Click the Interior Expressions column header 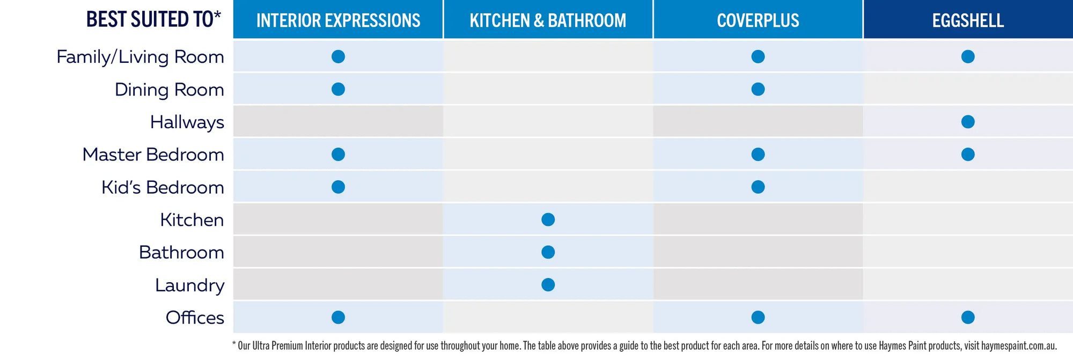pyautogui.click(x=338, y=20)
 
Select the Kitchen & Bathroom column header pyautogui.click(x=548, y=20)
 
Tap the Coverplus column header pyautogui.click(x=758, y=20)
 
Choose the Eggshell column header pyautogui.click(x=968, y=20)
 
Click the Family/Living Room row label pyautogui.click(x=141, y=57)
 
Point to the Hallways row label pyautogui.click(x=187, y=122)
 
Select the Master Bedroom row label pyautogui.click(x=153, y=155)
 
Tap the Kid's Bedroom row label pyautogui.click(x=163, y=187)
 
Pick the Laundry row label pyautogui.click(x=190, y=285)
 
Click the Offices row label pyautogui.click(x=195, y=318)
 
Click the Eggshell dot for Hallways pyautogui.click(x=968, y=122)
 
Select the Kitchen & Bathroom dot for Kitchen pyautogui.click(x=548, y=219)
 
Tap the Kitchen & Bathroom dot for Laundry pyautogui.click(x=548, y=284)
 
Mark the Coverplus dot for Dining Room pyautogui.click(x=758, y=89)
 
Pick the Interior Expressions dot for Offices pyautogui.click(x=338, y=317)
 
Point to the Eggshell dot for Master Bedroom pyautogui.click(x=968, y=155)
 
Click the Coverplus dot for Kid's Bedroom pyautogui.click(x=758, y=187)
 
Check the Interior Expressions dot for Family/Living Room pyautogui.click(x=338, y=56)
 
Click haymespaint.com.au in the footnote pyautogui.click(x=1019, y=346)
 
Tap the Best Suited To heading pyautogui.click(x=153, y=19)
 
